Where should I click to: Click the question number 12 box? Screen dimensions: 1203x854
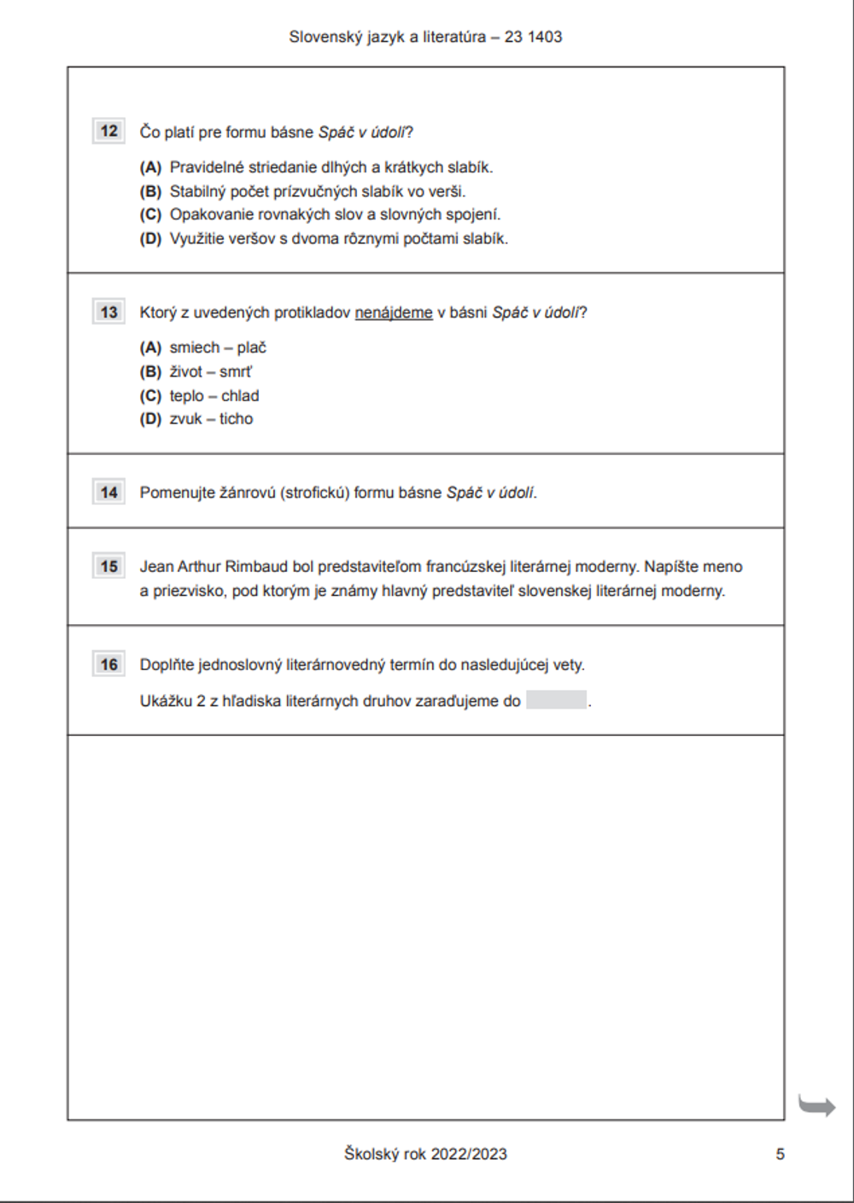coord(108,131)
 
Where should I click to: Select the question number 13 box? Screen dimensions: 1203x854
coord(108,312)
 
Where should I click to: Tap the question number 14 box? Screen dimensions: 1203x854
coord(108,492)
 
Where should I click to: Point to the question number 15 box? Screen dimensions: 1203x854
coord(108,566)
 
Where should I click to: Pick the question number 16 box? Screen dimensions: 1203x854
coord(108,664)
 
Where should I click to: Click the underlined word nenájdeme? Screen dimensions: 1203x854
coord(394,312)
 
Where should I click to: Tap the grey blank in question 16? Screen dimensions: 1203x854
coord(556,700)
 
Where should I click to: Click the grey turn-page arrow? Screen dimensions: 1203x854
coord(816,1106)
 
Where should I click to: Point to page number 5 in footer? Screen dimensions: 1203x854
coord(780,1154)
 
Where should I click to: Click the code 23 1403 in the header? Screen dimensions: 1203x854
coord(533,37)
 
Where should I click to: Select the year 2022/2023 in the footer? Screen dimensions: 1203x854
coord(469,1154)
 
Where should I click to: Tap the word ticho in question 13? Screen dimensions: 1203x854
coord(236,419)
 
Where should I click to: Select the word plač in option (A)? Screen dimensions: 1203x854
coord(252,347)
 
